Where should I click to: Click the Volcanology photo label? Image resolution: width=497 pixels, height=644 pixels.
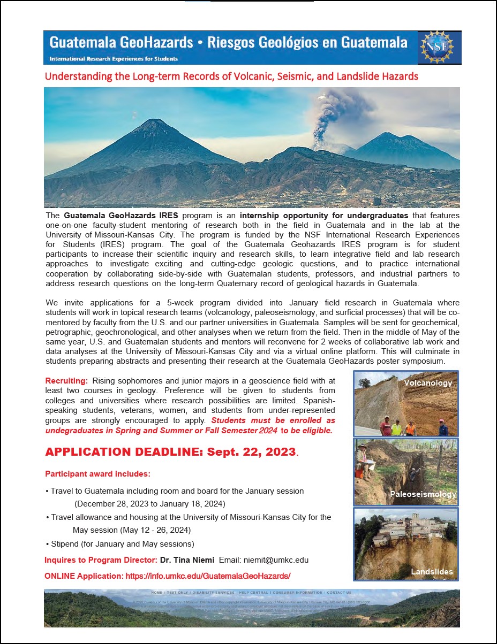428,383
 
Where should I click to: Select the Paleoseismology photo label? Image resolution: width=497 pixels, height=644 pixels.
423,494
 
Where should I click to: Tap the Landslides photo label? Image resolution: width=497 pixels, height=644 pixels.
432,572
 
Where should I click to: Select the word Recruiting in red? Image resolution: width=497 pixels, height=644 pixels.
66,381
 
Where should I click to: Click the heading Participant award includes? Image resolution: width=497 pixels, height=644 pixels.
97,474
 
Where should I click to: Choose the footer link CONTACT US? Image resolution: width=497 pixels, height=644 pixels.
339,593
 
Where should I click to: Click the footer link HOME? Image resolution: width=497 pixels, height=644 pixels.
156,593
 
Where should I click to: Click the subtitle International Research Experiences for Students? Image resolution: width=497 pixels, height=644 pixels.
114,59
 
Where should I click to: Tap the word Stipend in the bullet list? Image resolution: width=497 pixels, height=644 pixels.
65,544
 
